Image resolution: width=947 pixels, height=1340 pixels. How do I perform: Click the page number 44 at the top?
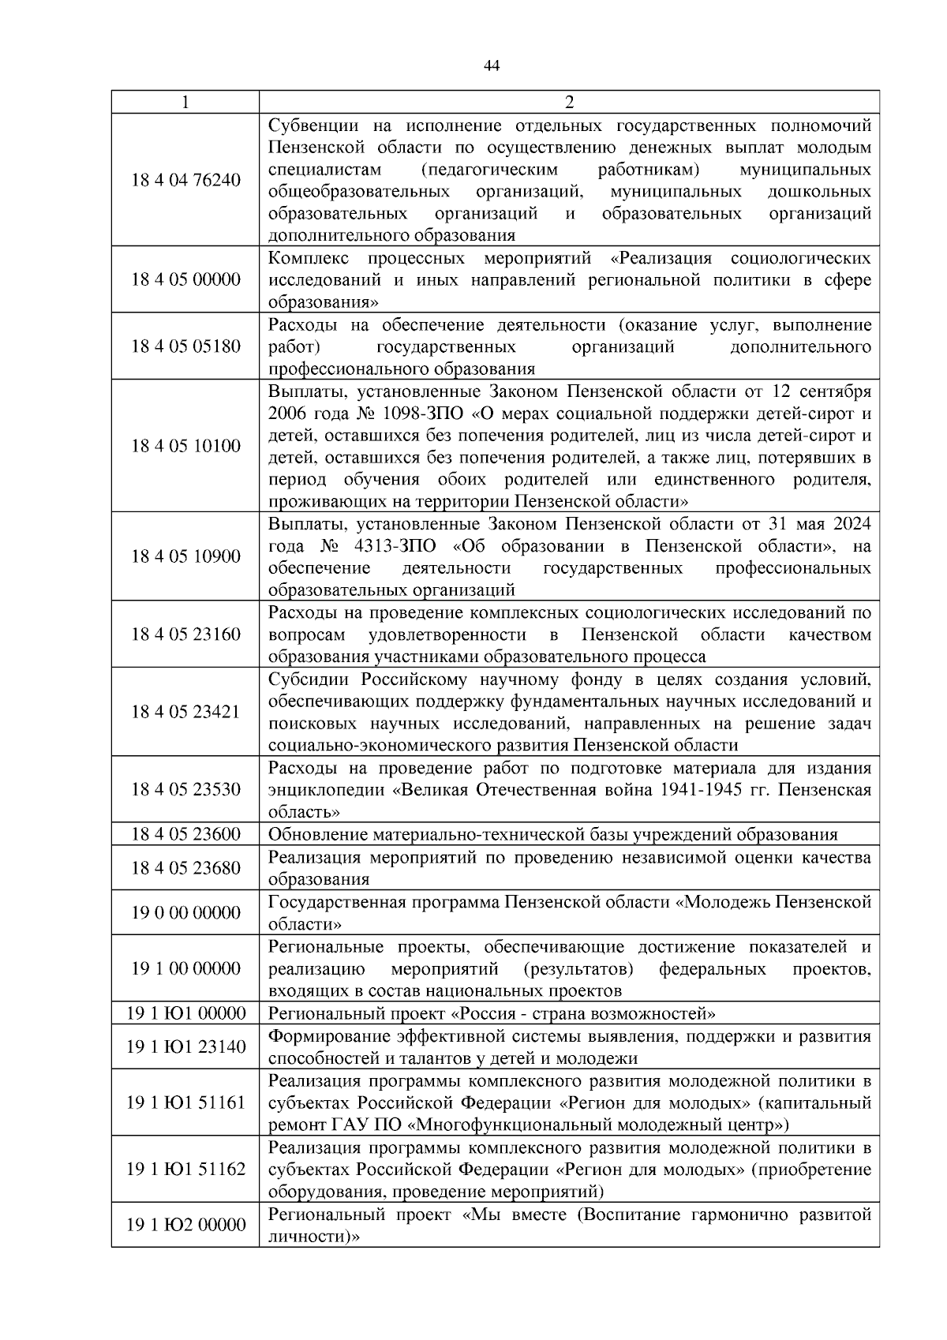click(491, 66)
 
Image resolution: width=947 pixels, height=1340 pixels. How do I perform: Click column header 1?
click(185, 103)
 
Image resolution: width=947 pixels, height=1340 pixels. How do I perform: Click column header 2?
click(569, 103)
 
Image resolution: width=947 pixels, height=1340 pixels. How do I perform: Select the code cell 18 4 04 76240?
click(185, 180)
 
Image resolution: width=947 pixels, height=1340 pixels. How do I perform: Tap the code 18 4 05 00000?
click(185, 280)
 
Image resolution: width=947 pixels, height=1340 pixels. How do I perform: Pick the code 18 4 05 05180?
click(185, 346)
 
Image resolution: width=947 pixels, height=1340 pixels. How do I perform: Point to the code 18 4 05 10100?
click(185, 446)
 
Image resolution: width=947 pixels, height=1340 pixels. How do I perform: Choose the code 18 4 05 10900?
click(185, 556)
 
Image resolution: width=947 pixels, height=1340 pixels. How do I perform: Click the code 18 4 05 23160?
click(185, 634)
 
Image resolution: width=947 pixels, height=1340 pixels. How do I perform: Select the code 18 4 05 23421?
click(185, 712)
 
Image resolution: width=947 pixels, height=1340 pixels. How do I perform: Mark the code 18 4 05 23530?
click(185, 789)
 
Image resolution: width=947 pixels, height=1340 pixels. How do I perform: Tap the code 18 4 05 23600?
click(185, 834)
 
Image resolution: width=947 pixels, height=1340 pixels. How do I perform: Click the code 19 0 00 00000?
click(185, 913)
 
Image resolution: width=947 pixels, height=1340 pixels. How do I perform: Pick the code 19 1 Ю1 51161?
click(185, 1102)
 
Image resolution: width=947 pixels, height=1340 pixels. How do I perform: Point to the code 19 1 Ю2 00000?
click(185, 1225)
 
